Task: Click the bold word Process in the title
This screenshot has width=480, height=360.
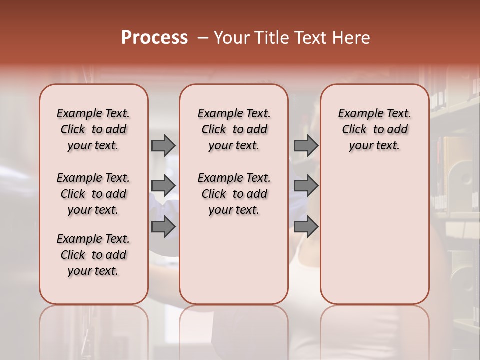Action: pyautogui.click(x=154, y=38)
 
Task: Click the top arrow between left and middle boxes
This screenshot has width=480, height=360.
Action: pyautogui.click(x=163, y=145)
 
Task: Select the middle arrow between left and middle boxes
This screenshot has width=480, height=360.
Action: pyautogui.click(x=163, y=186)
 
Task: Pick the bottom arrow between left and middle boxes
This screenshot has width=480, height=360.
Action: pyautogui.click(x=163, y=227)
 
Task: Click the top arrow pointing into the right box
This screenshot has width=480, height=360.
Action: pyautogui.click(x=306, y=145)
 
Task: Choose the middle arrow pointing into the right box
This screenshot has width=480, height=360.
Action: pyautogui.click(x=306, y=186)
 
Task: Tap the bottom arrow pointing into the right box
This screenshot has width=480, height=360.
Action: pyautogui.click(x=306, y=227)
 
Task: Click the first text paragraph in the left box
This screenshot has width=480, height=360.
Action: pyautogui.click(x=93, y=129)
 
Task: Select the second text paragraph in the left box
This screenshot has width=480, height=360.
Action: pyautogui.click(x=93, y=194)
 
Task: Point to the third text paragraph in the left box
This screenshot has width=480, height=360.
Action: pyautogui.click(x=93, y=255)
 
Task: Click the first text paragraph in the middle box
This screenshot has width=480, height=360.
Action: pyautogui.click(x=234, y=129)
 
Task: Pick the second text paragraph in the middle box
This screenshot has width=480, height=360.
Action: pyautogui.click(x=234, y=194)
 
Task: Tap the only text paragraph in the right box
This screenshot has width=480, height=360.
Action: pyautogui.click(x=374, y=129)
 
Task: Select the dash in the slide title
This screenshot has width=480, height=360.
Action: pyautogui.click(x=203, y=38)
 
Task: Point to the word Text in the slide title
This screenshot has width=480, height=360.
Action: pyautogui.click(x=311, y=38)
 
